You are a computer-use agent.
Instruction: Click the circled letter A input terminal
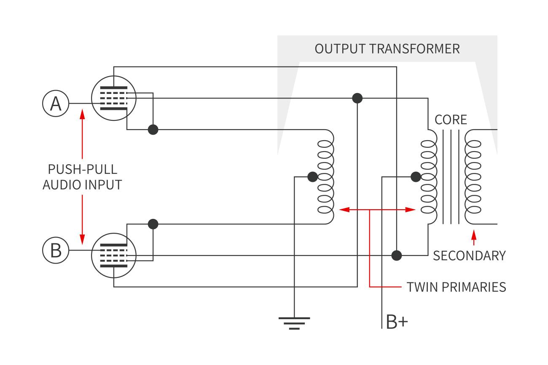[x=56, y=104]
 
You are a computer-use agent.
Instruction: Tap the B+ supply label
[x=397, y=322]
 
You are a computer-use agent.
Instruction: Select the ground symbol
[x=294, y=322]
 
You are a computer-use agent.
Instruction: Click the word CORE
[x=451, y=120]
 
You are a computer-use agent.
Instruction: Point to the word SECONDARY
[x=469, y=256]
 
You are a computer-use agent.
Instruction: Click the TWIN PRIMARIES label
[x=456, y=287]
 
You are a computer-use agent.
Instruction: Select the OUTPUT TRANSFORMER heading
[x=387, y=49]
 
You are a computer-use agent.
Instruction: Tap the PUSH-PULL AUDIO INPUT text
[x=82, y=177]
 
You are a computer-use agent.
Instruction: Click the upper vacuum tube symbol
[x=114, y=98]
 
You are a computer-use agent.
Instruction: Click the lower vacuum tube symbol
[x=114, y=256]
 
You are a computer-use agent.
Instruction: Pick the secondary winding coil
[x=472, y=177]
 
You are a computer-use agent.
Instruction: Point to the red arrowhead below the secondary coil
[x=474, y=233]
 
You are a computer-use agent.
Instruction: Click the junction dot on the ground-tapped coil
[x=312, y=177]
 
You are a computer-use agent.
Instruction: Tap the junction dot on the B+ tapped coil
[x=416, y=177]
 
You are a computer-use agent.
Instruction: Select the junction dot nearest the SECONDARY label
[x=397, y=256]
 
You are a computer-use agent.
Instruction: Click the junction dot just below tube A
[x=153, y=130]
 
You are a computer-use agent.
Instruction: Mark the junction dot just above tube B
[x=153, y=224]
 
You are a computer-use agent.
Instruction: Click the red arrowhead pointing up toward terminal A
[x=82, y=115]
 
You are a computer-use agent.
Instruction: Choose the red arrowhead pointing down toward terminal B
[x=82, y=239]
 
